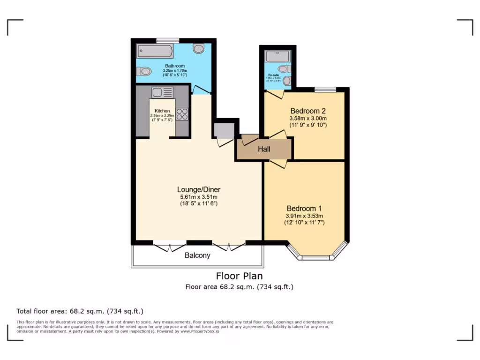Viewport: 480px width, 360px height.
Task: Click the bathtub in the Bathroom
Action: (155, 51)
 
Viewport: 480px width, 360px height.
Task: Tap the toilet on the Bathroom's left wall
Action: (144, 72)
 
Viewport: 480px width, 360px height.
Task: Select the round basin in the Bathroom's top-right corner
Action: (199, 48)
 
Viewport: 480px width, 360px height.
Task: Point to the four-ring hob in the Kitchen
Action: (182, 114)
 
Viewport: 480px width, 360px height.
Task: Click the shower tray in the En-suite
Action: (278, 57)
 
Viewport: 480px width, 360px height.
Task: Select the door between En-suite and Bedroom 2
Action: (275, 94)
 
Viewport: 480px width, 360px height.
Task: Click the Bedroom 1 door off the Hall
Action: (278, 164)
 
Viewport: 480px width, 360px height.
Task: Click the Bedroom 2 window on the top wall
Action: (325, 90)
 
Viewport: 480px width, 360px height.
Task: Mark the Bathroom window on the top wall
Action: (167, 40)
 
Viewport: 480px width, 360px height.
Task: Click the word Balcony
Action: (197, 255)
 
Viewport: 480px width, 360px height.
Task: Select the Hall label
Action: (264, 150)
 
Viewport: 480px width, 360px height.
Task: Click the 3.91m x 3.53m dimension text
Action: (305, 216)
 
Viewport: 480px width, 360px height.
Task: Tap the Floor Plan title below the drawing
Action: (239, 276)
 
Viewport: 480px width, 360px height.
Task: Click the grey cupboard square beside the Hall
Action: (224, 131)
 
